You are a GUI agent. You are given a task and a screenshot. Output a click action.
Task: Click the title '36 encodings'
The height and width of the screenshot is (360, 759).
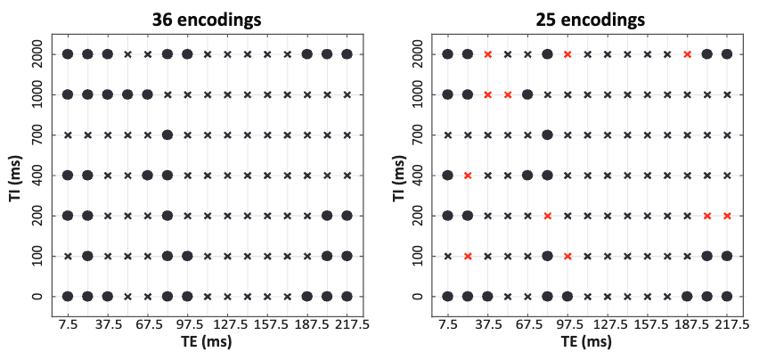point(208,20)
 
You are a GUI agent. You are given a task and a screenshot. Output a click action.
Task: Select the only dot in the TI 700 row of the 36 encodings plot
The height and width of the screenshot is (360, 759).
point(167,135)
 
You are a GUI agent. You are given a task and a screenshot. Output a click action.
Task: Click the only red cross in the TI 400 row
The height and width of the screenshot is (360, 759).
point(468,176)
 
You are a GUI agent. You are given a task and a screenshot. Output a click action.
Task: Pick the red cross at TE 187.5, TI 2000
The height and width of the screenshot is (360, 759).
point(687,54)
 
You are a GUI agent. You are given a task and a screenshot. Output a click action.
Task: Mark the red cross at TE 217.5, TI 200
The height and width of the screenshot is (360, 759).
point(727,216)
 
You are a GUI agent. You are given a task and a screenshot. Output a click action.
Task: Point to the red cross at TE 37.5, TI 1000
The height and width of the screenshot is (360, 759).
point(487,94)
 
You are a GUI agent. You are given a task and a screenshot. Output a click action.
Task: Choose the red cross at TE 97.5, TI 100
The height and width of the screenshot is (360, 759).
point(567,256)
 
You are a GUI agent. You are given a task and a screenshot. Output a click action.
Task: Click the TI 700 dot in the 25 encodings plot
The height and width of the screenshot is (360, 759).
point(547,135)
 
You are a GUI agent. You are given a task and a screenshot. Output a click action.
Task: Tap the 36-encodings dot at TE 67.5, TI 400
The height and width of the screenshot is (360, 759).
point(147,176)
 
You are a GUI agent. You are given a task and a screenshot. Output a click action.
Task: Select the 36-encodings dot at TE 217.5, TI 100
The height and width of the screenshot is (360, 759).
point(347,256)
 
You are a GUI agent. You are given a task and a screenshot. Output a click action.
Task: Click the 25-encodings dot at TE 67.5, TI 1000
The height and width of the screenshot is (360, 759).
point(527,94)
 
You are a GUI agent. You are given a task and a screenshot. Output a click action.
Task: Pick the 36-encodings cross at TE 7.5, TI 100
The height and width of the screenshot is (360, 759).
point(68,256)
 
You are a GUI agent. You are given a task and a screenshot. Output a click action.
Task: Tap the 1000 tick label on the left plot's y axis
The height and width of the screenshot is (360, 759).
point(38,94)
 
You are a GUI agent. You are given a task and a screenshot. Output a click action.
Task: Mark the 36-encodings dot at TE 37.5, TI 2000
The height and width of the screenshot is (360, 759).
point(108,54)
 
